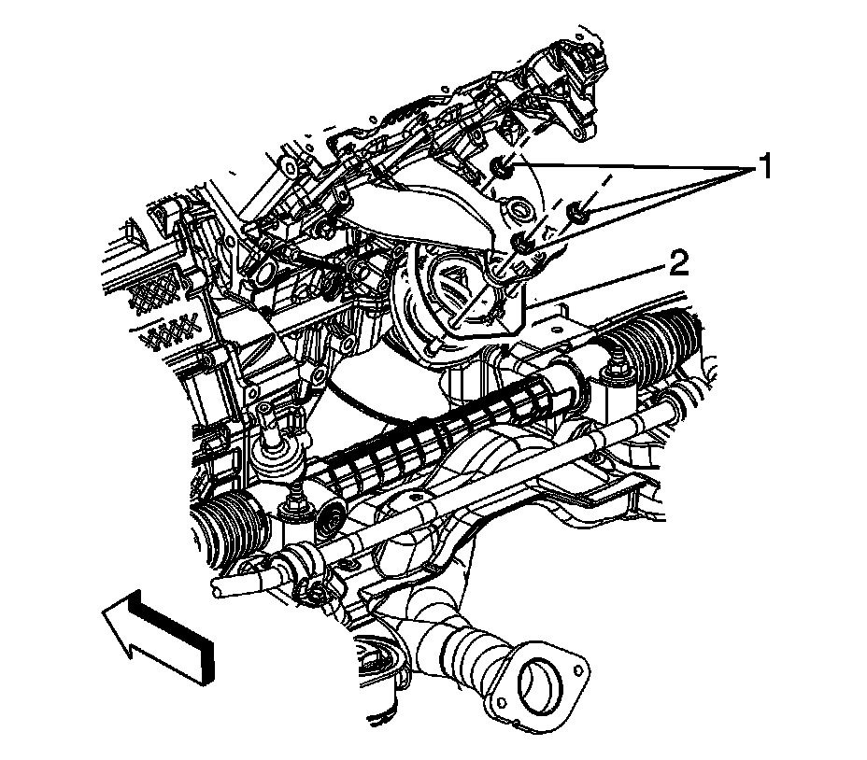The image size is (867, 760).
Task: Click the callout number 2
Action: coord(679,263)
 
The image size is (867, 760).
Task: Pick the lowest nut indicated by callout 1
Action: coord(522,242)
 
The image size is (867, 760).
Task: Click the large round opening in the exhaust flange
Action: coord(539,683)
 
